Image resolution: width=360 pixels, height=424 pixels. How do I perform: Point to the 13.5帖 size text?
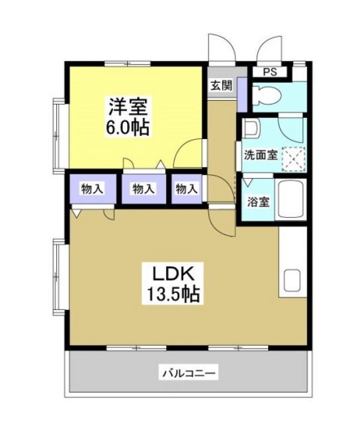[175, 292]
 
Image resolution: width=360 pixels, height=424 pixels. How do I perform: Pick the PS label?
[270, 72]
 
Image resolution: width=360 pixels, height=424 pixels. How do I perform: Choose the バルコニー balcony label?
[189, 373]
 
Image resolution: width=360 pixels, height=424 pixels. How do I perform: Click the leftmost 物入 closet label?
[92, 189]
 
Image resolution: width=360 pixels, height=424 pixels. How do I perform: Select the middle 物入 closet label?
[143, 189]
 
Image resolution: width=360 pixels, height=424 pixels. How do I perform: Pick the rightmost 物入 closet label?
[187, 189]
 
